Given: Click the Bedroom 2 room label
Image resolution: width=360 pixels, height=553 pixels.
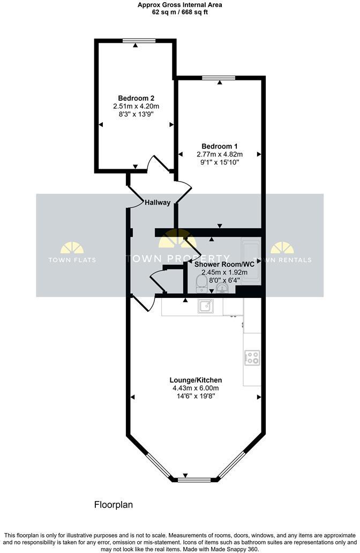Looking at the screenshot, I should pos(136,98).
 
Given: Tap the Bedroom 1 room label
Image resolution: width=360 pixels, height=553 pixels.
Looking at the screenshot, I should pos(219,146).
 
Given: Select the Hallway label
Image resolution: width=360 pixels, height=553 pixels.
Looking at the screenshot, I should pos(157,203).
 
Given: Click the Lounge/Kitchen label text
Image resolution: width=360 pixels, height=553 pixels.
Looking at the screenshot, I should pos(197,380).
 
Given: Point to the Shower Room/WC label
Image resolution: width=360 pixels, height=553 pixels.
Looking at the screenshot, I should pos(224,264).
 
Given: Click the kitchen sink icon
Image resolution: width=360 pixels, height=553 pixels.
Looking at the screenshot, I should pos(205,306).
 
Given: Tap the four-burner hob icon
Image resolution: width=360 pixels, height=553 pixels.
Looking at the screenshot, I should pos(252,357).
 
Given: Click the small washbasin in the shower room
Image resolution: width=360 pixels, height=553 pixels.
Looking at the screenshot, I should pos(223,289).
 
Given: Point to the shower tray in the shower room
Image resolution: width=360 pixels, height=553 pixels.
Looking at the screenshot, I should pos(251,261).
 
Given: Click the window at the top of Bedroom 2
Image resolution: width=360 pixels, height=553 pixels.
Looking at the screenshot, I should pos(138,40).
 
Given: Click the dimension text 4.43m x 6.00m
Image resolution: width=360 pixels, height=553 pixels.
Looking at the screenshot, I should pos(196,388).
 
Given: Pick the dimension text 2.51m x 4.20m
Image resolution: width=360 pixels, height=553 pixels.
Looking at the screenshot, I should pos(136,107).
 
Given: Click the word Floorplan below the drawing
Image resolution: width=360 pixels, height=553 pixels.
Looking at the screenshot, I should pos(113,505).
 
